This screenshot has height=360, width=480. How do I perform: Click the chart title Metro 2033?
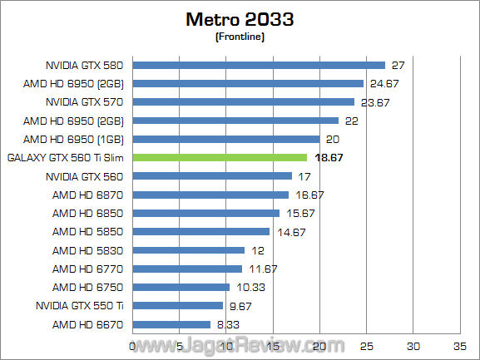point(240,18)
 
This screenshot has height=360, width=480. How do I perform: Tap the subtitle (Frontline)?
point(240,36)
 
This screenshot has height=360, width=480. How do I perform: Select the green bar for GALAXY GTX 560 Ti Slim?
point(220,157)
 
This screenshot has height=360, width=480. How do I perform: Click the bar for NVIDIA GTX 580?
point(259,64)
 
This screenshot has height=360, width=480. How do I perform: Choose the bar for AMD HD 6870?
point(210,195)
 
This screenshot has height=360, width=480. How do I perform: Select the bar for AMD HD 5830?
point(189,250)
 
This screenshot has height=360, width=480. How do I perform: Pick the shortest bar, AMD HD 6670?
point(171,324)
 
